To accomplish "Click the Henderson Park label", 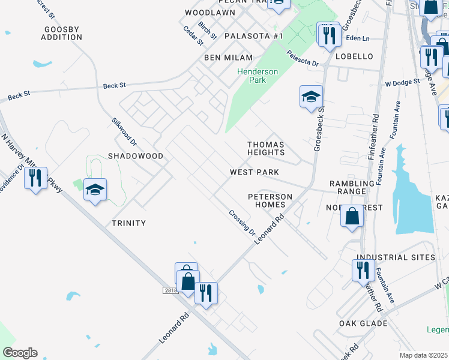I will pos(258,76).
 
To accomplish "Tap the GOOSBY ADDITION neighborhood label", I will pos(62,33).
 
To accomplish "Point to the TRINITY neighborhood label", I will pos(129,223).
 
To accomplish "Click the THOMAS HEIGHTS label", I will pos(266,149).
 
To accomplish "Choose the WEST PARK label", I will pos(255,172).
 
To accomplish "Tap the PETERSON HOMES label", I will pos(270,200).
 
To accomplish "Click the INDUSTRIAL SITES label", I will pos(396,257).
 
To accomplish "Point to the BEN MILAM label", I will pos(221,57).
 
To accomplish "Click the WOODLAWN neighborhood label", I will pos(209,13).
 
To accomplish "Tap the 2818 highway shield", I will pos(171,290).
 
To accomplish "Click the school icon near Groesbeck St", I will pos(311,97).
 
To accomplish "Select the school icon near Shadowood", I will pos(95,190).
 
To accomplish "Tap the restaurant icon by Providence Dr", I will pos(35,178).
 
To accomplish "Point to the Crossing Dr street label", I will pos(243,223).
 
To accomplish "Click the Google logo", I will pos(20,353).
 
